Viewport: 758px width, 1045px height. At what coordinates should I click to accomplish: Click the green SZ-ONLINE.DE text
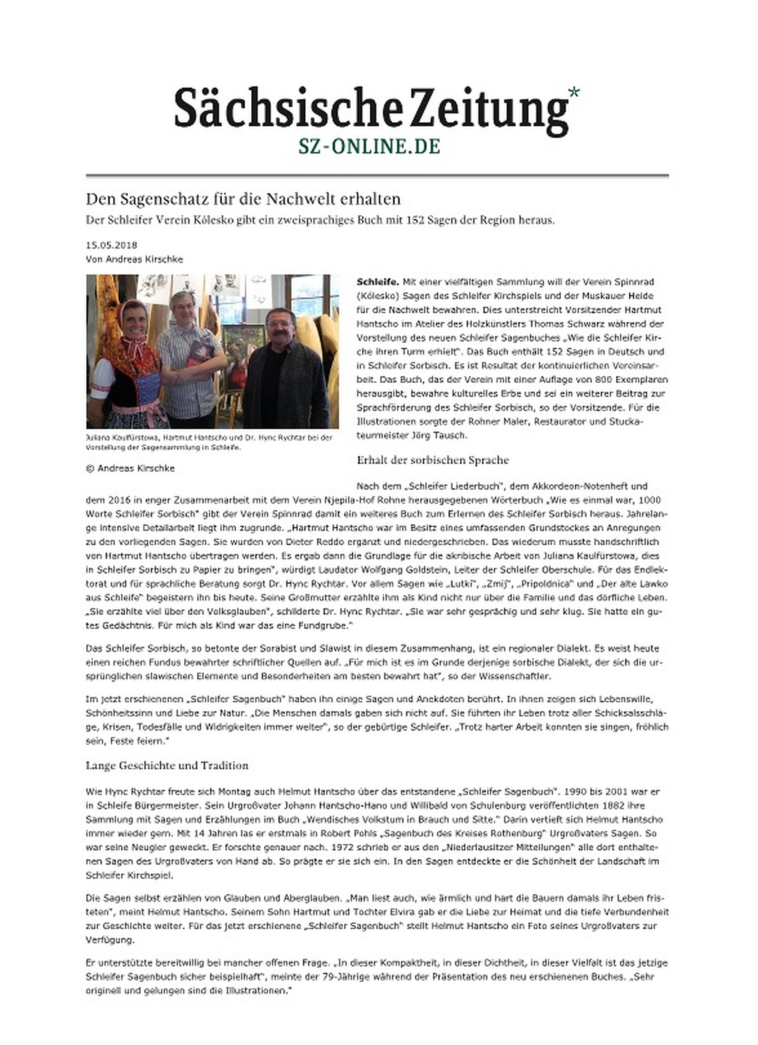pos(369,147)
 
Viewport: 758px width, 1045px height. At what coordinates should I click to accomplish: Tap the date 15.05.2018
pos(112,245)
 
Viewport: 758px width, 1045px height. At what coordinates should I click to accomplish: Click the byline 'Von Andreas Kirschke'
pos(134,259)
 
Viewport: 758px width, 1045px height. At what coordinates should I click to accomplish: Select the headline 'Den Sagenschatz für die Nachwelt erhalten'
pos(243,199)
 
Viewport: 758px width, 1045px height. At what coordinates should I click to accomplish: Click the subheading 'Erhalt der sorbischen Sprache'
pos(432,460)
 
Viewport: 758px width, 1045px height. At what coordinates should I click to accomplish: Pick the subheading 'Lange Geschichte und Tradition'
pos(167,765)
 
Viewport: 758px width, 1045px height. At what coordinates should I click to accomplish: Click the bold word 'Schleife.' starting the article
pos(377,282)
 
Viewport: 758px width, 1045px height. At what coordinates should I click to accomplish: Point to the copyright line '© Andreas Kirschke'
pos(130,468)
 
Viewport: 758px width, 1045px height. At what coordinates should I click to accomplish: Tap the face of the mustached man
pos(281,326)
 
